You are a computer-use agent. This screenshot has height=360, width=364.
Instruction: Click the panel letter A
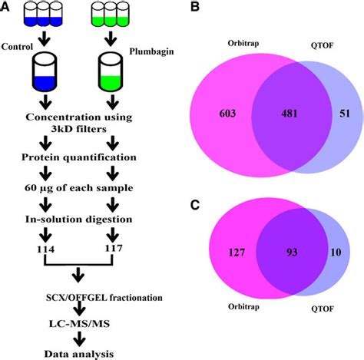tap(7, 8)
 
